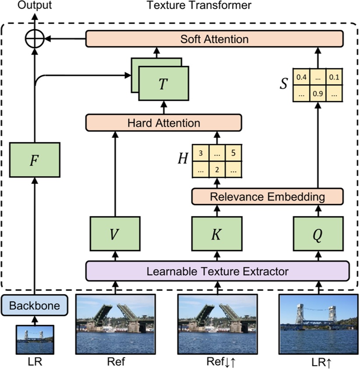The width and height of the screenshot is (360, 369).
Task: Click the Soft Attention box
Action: click(215, 39)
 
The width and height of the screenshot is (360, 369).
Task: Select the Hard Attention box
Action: click(163, 123)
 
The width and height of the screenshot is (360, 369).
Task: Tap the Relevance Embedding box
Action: click(268, 197)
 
